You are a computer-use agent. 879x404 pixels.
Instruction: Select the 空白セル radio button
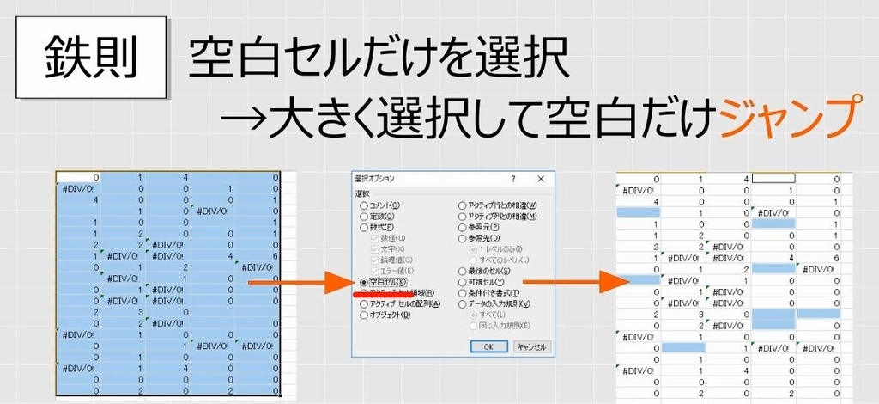pos(364,281)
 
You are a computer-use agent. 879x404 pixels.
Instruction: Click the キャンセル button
pos(531,346)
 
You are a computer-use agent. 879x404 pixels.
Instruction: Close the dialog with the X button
pos(540,179)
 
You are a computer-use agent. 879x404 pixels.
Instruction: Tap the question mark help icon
pos(513,179)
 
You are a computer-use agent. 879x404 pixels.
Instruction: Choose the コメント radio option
pos(364,205)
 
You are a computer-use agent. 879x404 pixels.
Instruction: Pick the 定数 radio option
pos(364,217)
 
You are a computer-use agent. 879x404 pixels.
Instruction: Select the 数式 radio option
pos(364,227)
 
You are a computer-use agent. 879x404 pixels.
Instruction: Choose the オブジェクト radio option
pos(364,315)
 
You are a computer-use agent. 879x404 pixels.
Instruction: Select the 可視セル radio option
pos(463,282)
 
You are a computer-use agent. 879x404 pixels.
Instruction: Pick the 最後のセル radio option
pos(463,271)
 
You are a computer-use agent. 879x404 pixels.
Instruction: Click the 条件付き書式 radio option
pos(463,293)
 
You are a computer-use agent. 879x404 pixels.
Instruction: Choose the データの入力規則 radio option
pos(463,304)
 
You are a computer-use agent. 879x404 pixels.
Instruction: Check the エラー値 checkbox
pos(374,271)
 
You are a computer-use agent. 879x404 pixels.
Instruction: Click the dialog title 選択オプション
pos(375,179)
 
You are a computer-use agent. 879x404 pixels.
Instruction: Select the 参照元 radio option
pos(463,227)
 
